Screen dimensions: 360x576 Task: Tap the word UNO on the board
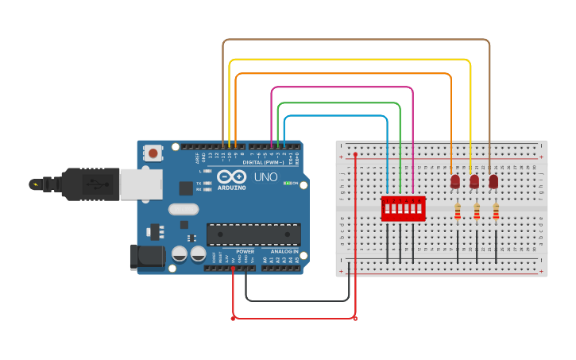pos(265,176)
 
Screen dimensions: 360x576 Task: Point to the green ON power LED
pos(287,183)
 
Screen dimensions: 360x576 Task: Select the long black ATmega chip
pos(253,234)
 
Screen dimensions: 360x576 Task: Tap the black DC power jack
pos(146,256)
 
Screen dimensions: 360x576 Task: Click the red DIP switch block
pos(404,208)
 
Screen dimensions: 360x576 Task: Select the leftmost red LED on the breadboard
pos(455,182)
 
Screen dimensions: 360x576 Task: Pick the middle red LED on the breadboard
pos(474,182)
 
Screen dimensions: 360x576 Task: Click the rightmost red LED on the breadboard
pos(493,182)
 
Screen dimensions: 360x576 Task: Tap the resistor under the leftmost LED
pos(458,211)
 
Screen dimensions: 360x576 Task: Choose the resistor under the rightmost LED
pos(496,211)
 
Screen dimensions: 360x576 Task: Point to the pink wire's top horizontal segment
pos(342,87)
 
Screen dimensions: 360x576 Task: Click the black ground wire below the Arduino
pos(298,301)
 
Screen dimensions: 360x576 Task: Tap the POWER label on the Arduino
pos(245,251)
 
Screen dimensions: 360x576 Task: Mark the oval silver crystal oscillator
pos(184,209)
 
